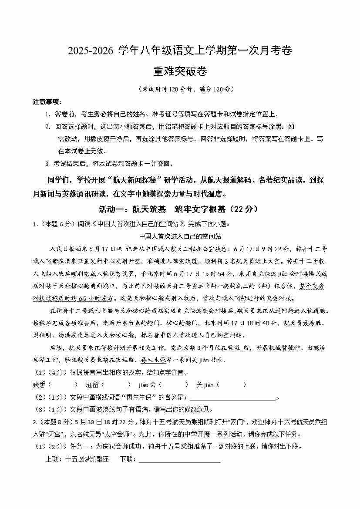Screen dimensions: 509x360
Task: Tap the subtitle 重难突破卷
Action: (179, 71)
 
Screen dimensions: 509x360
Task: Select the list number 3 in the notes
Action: (47, 164)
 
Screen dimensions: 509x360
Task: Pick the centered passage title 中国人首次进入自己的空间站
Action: (180, 236)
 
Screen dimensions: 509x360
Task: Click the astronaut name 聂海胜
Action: (316, 323)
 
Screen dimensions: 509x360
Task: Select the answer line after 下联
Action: (179, 459)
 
